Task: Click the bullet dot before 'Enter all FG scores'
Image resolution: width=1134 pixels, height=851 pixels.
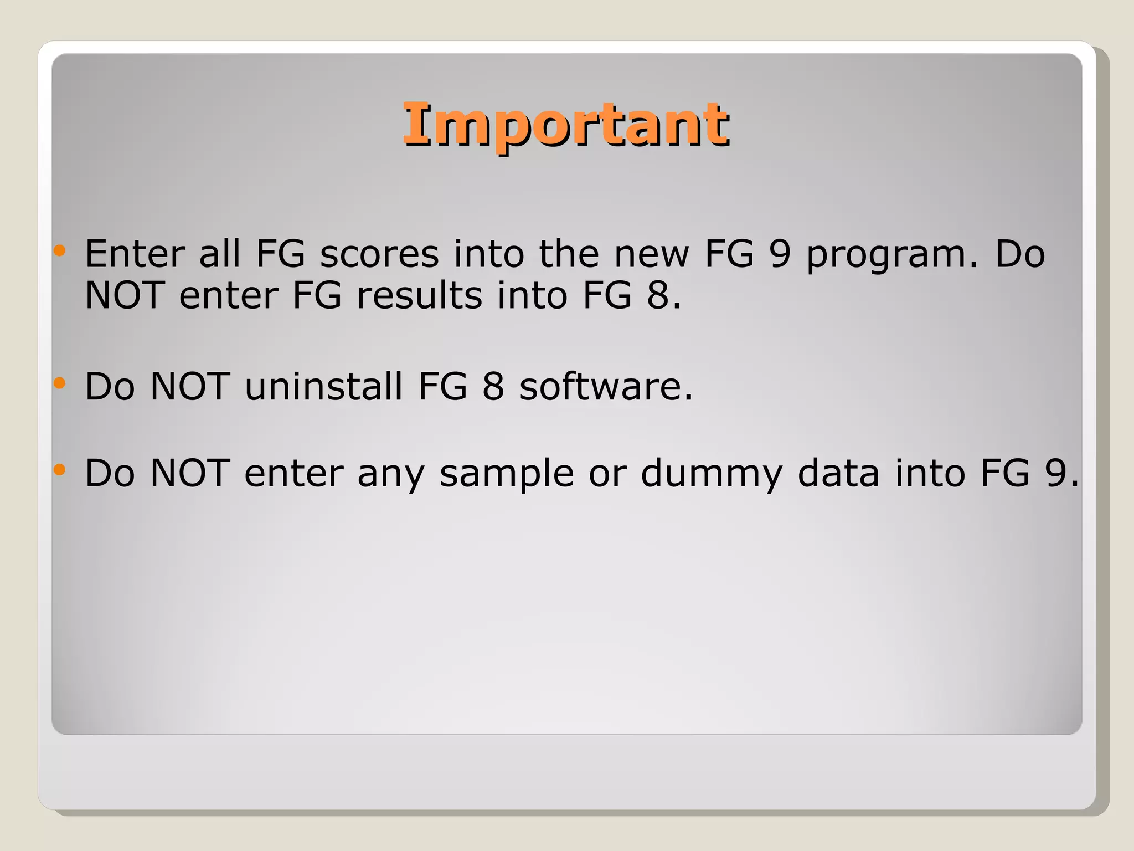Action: click(60, 251)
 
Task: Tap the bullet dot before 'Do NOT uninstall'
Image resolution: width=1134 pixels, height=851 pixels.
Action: click(60, 383)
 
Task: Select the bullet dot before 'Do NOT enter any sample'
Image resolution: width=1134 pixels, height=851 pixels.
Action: click(60, 470)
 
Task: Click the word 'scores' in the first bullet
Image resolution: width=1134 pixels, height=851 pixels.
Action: click(379, 254)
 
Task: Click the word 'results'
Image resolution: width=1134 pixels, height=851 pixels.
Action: click(420, 295)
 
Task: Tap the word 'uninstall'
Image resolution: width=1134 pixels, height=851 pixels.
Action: click(324, 386)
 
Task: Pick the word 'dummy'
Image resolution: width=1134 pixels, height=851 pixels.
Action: click(712, 474)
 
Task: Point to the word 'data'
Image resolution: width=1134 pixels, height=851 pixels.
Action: click(838, 473)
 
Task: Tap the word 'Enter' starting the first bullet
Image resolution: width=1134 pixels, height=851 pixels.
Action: click(135, 254)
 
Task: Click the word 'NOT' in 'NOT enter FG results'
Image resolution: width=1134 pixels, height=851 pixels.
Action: click(125, 295)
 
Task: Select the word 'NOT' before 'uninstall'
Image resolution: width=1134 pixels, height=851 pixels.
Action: click(190, 386)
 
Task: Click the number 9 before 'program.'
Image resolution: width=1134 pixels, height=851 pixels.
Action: click(780, 254)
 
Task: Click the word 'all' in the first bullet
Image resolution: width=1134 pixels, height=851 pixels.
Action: click(220, 254)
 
